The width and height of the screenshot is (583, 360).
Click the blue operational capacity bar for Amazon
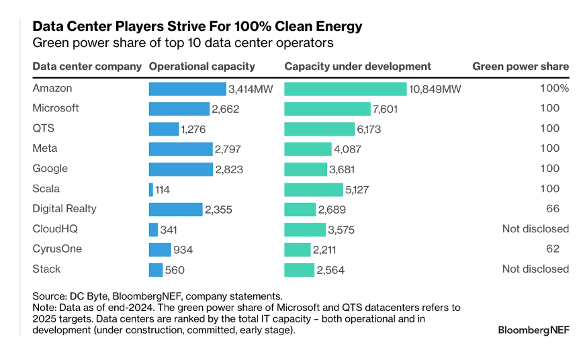point(187,89)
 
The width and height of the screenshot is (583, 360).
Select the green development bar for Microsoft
point(327,109)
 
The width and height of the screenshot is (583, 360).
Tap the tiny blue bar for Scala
point(150,189)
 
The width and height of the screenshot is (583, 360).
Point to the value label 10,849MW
point(435,89)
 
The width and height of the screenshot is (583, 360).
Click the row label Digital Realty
point(64,209)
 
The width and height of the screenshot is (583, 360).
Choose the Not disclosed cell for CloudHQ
point(535,229)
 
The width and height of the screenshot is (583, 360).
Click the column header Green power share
point(521,66)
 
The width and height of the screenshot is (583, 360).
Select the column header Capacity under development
point(357,66)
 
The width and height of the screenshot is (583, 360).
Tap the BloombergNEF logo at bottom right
point(533,330)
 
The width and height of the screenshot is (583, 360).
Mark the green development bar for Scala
point(313,189)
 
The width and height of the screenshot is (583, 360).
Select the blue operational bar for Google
point(181,169)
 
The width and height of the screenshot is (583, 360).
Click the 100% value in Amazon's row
point(554,88)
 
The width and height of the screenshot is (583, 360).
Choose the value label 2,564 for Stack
point(330,270)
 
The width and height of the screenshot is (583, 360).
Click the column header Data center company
point(87,66)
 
